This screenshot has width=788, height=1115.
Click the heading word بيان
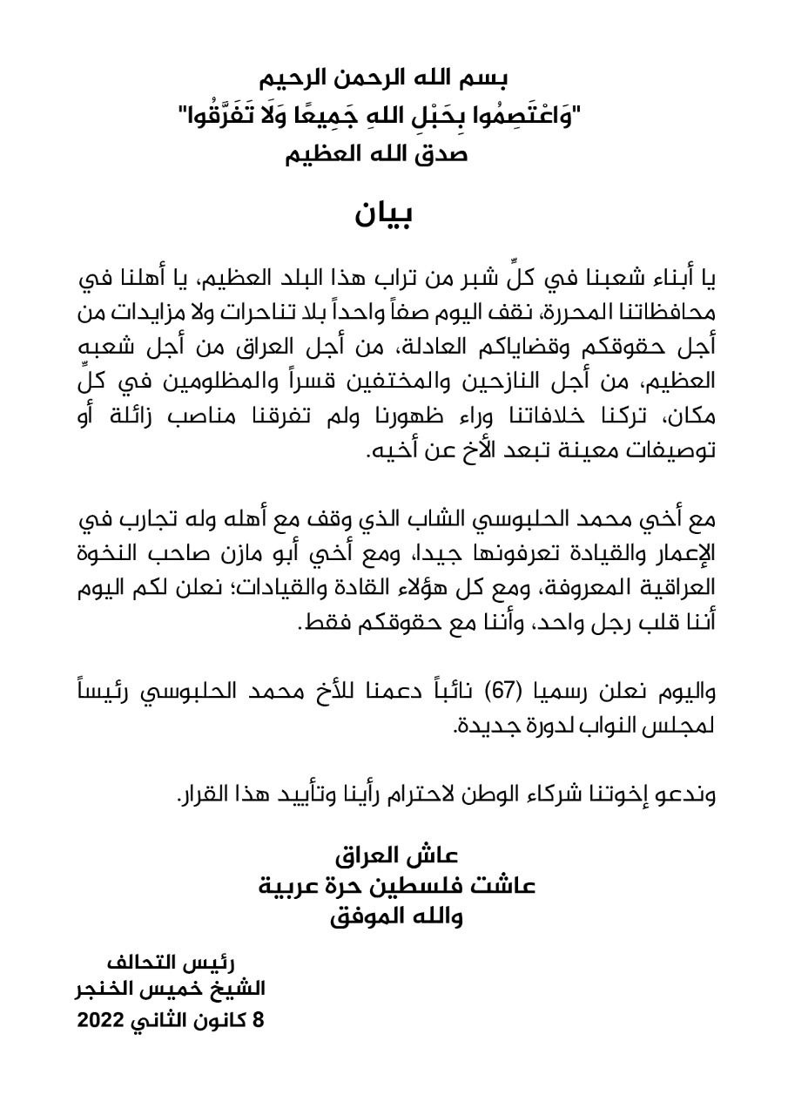[x=382, y=213]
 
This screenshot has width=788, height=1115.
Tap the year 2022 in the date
[x=102, y=1021]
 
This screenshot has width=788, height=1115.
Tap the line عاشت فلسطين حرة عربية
[x=396, y=885]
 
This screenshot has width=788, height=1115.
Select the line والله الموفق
[x=396, y=916]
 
